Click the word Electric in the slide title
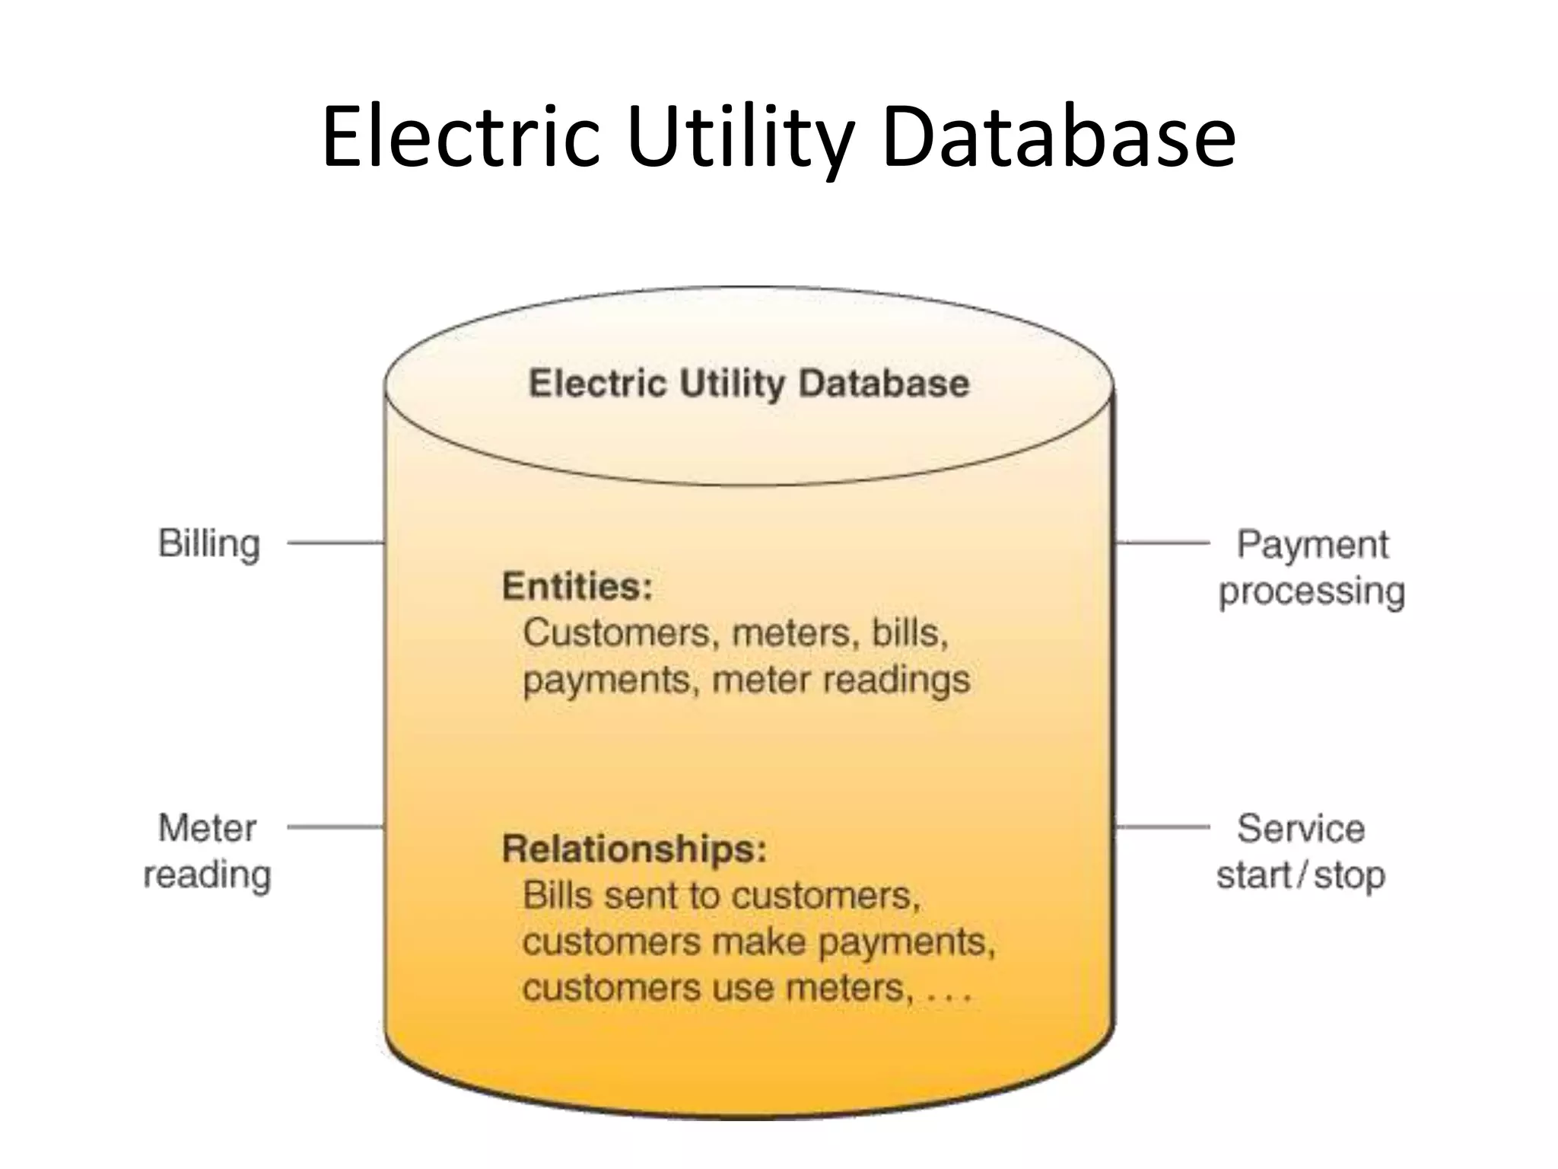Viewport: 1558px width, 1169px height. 461,139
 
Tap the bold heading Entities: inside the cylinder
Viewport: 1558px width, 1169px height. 577,587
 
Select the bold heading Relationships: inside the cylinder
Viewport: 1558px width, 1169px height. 634,849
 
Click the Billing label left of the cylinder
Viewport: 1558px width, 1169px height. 209,544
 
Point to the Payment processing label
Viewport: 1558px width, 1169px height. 1312,568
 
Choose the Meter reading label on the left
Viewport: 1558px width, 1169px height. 208,851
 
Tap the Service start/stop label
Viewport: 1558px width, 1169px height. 1301,851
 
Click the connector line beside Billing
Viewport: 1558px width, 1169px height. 335,543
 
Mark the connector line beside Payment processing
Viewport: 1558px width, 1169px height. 1162,543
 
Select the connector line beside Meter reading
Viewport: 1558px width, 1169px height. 335,827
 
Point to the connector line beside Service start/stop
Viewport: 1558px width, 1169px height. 1162,827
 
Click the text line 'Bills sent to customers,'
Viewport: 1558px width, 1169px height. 721,896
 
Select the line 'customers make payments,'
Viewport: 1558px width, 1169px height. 758,942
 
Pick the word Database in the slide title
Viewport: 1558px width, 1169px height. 1059,139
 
